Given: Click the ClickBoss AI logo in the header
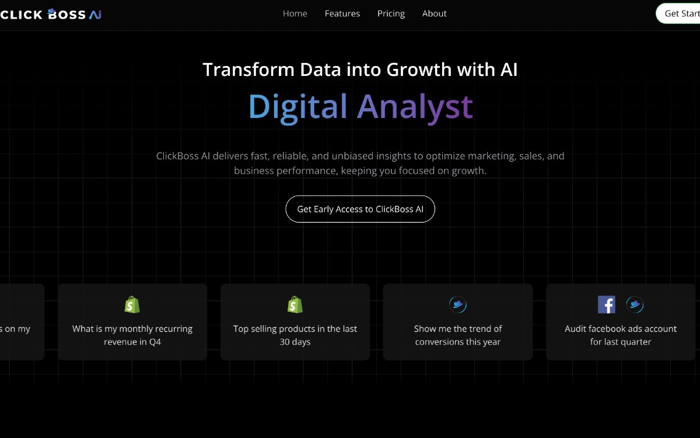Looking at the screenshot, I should point(51,14).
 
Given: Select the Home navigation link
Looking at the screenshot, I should point(295,13).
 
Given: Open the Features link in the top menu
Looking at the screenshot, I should point(342,13).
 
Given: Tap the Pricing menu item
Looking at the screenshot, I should point(391,13).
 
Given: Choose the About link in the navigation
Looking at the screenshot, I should point(435,13).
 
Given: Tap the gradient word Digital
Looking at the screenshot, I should point(297,107).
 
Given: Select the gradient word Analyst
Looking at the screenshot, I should point(415,107).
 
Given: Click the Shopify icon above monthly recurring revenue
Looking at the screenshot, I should point(132,304).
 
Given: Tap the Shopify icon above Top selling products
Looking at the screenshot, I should point(295,304).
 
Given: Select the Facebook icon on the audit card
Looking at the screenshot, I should point(607,304).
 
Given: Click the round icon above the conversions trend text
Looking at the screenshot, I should point(458,304).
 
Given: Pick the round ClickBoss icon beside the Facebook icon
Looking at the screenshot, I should point(635,304).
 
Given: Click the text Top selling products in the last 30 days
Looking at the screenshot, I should point(295,335).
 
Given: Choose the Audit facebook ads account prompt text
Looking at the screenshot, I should point(621,335).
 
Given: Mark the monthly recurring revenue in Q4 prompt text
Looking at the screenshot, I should point(132,335).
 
